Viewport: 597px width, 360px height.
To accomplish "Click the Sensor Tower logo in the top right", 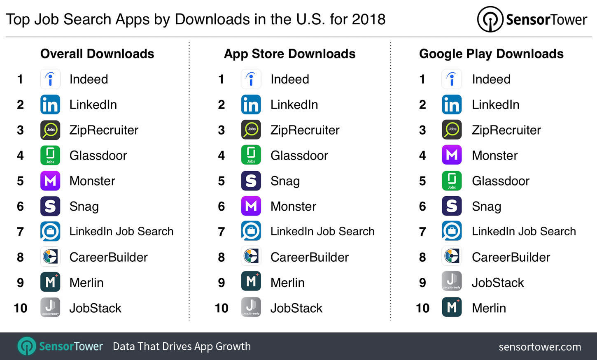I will [x=532, y=19].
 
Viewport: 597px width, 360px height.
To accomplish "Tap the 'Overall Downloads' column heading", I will [x=97, y=54].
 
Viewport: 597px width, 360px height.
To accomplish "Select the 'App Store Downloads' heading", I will [x=289, y=54].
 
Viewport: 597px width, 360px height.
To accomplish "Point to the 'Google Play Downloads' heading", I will [x=491, y=54].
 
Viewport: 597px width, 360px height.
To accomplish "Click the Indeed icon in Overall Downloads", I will [x=50, y=79].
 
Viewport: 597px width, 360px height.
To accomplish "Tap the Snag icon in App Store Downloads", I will [x=251, y=181].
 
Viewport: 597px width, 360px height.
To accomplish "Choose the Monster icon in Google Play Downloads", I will [x=452, y=156].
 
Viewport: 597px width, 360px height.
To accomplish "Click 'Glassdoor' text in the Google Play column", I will [x=500, y=181].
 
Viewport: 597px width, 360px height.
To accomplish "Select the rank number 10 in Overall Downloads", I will [x=20, y=308].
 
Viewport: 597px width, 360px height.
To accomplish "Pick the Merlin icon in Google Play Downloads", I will [x=452, y=308].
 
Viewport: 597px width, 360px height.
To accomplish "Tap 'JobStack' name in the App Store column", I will [x=296, y=308].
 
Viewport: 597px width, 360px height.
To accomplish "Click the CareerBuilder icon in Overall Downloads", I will [x=50, y=257].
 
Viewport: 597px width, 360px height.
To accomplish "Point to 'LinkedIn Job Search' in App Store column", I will [x=322, y=232].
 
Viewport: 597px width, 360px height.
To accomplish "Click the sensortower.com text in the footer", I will [x=540, y=347].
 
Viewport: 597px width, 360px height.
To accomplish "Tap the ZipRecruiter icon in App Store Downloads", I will [x=251, y=130].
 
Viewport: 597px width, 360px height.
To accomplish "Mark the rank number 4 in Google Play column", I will [x=422, y=156].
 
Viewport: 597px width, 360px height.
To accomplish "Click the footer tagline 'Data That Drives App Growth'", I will [x=182, y=346].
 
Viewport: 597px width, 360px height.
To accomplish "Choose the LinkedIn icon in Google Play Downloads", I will [x=452, y=105].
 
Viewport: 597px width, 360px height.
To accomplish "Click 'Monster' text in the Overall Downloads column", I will [x=92, y=181].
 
